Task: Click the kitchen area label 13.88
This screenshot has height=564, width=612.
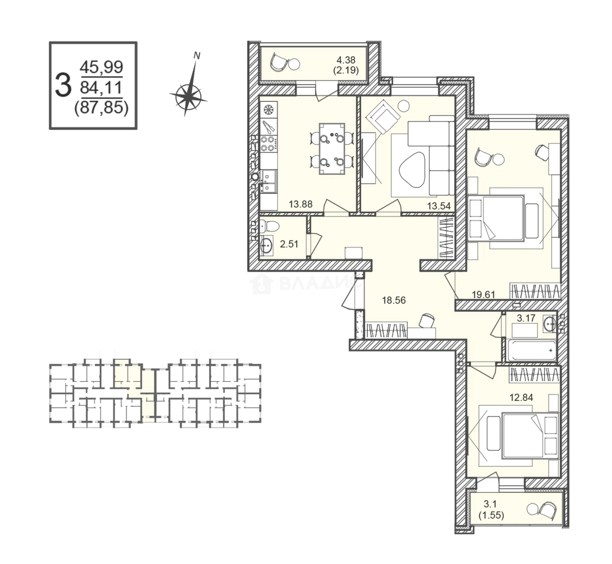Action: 300,204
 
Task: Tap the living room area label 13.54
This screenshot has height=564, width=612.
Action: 438,206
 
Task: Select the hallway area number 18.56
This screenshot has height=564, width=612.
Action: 394,300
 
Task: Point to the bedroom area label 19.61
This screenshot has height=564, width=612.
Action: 483,295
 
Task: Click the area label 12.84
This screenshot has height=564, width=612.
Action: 521,397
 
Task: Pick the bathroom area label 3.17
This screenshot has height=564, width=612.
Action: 526,318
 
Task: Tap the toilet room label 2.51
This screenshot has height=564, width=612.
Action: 289,244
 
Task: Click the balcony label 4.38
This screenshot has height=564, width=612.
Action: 346,61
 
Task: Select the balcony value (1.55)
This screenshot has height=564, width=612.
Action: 491,515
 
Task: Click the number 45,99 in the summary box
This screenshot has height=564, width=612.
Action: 101,67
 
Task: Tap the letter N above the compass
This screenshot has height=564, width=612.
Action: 197,55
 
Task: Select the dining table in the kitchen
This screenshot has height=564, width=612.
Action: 332,149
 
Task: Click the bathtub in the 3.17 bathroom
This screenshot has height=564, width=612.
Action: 531,350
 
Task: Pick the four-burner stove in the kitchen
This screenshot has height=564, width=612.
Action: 269,143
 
